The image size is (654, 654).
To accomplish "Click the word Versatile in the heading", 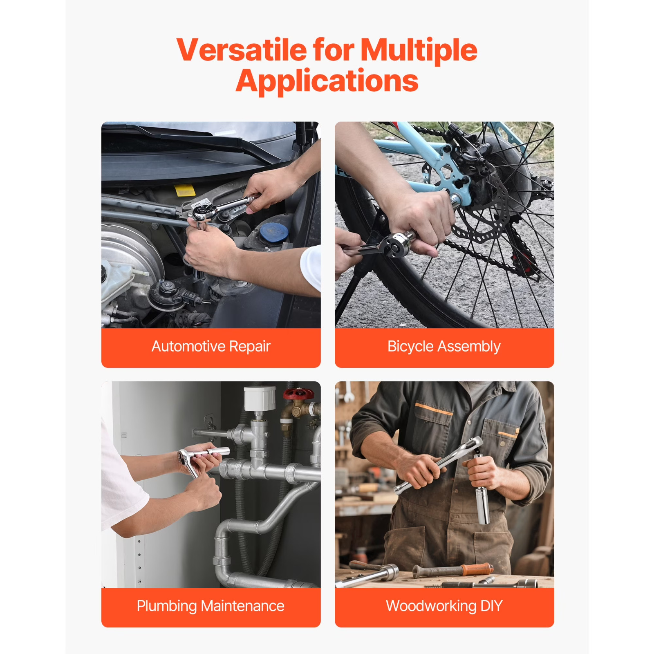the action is (x=242, y=50).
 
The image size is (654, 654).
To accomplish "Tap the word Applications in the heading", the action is (x=327, y=81).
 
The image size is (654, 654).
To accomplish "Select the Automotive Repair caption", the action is (x=211, y=346).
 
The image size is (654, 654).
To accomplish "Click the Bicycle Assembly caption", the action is (x=444, y=347).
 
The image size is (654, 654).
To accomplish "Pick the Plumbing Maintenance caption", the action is (x=211, y=606).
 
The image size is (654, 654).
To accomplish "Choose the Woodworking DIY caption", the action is (x=444, y=606).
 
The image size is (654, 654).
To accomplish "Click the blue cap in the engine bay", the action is (x=274, y=232).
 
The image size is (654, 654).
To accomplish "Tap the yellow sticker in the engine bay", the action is (x=184, y=190).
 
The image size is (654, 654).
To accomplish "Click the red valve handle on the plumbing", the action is (x=299, y=394).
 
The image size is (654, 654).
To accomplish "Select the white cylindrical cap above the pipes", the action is (x=260, y=398).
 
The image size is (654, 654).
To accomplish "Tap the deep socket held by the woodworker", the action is (x=483, y=505).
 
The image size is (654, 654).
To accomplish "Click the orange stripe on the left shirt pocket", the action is (x=434, y=409).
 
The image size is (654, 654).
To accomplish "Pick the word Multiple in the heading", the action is (x=419, y=50).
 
